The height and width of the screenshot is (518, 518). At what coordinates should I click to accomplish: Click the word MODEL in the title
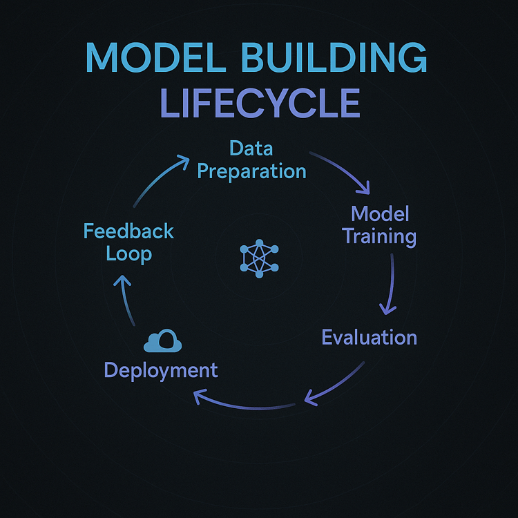tap(155, 57)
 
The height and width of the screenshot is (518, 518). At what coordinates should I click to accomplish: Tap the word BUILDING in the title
tap(334, 57)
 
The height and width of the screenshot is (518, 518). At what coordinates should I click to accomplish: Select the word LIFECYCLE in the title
tap(260, 103)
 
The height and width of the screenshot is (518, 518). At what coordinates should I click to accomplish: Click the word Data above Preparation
tap(251, 148)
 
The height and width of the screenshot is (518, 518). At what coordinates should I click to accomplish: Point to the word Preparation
tap(251, 171)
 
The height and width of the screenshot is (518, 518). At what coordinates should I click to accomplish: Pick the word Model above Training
tap(380, 213)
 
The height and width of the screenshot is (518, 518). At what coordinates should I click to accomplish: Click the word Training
tap(379, 237)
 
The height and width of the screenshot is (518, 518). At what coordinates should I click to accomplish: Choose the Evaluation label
tap(370, 337)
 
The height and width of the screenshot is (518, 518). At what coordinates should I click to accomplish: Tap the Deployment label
tap(161, 371)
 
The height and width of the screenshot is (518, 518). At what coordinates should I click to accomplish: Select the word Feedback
tap(128, 231)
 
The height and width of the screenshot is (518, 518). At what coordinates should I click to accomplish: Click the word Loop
tap(129, 254)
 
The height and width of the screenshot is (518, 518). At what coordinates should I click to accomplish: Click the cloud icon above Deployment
tap(162, 340)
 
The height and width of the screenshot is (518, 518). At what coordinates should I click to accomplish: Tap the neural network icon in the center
tap(259, 258)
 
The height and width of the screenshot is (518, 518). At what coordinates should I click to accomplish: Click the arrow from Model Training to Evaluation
tap(390, 284)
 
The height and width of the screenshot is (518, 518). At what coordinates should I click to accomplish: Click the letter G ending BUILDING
tap(413, 57)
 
